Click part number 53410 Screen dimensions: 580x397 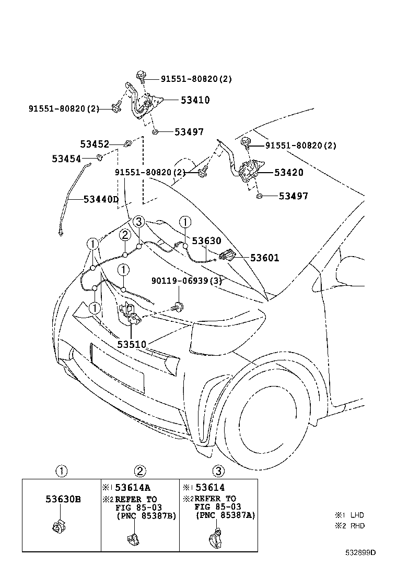pyautogui.click(x=195, y=100)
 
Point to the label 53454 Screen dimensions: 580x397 pyautogui.click(x=66, y=158)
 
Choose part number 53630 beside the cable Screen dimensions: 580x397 pyautogui.click(x=206, y=241)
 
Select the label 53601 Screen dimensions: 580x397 pyautogui.click(x=264, y=258)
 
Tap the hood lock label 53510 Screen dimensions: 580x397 pyautogui.click(x=132, y=344)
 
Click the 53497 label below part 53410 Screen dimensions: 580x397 pyautogui.click(x=189, y=132)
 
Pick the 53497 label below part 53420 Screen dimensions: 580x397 pyautogui.click(x=293, y=196)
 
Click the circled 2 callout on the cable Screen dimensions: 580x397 pyautogui.click(x=125, y=235)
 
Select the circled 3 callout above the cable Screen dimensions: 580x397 pyautogui.click(x=138, y=222)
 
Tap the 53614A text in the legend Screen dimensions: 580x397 pyautogui.click(x=133, y=488)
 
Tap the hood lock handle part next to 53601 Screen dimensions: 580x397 pyautogui.click(x=226, y=256)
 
